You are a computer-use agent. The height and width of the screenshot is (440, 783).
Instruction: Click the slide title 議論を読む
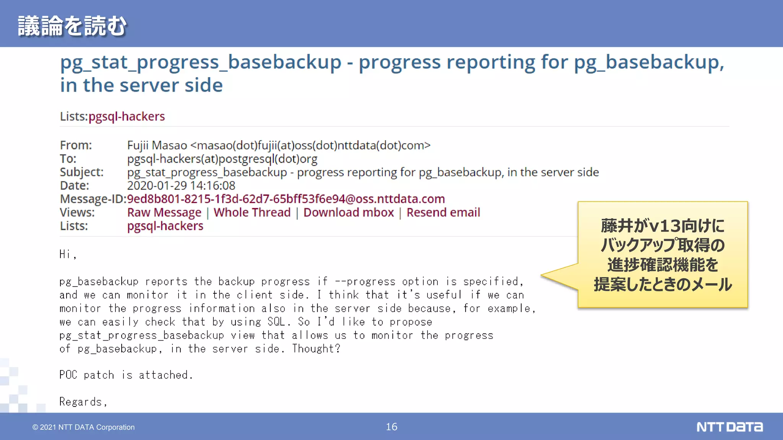click(72, 26)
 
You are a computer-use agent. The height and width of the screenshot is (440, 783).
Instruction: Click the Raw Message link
click(164, 212)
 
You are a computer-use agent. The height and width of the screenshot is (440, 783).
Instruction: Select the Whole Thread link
click(252, 212)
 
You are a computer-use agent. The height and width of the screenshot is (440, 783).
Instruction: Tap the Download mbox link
click(348, 212)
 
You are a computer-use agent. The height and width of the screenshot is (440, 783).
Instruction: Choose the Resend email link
click(443, 212)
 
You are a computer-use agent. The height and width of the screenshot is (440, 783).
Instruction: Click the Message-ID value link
click(286, 199)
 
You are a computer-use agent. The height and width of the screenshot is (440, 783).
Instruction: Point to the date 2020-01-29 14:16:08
click(181, 186)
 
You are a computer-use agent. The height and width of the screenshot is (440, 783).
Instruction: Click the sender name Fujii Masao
click(157, 146)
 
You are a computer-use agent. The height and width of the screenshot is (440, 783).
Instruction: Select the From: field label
click(76, 146)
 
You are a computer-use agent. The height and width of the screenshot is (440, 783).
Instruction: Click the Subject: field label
click(81, 172)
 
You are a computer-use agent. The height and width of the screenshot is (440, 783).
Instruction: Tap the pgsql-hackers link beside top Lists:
click(127, 116)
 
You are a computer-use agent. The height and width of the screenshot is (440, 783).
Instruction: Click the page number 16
click(391, 427)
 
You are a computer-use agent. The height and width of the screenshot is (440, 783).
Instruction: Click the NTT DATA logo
click(729, 427)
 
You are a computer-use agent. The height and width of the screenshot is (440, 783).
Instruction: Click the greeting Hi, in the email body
click(68, 254)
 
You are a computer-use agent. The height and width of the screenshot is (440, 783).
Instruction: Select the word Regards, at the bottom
click(83, 402)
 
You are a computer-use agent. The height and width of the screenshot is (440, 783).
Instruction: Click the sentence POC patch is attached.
click(126, 375)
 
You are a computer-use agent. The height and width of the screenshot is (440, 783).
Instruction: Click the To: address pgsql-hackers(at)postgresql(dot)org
click(222, 159)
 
